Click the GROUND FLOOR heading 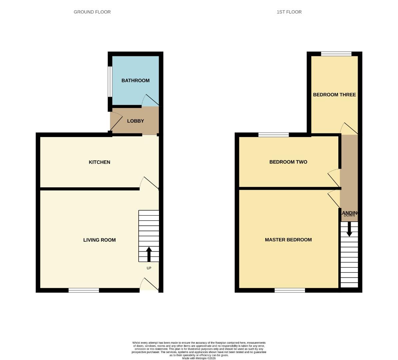tap(92, 12)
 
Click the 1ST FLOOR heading tap(289, 12)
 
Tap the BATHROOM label tap(135, 80)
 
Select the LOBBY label tap(135, 121)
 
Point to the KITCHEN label tap(99, 162)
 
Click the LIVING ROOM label tap(99, 240)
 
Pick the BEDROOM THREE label tap(334, 95)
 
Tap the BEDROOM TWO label tap(288, 162)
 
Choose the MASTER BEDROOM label tap(288, 240)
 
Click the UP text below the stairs tap(149, 268)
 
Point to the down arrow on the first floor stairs tap(349, 229)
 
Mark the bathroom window tap(110, 82)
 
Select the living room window tap(84, 290)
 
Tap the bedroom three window tap(336, 54)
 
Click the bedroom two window tap(273, 135)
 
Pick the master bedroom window tap(290, 290)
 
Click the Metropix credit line tap(199, 358)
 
